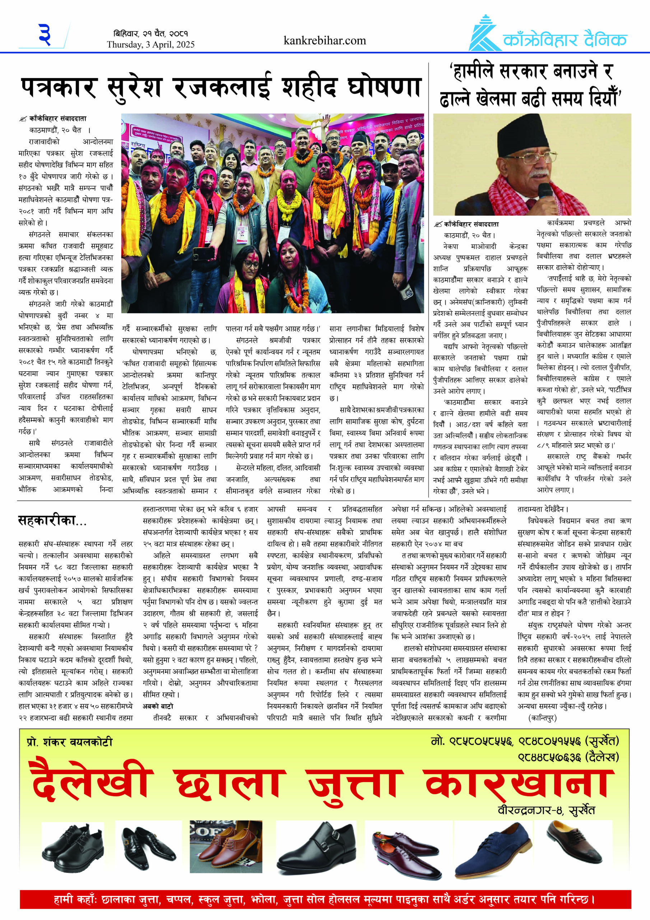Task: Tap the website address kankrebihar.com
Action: pyautogui.click(x=324, y=41)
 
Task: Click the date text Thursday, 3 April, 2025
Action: pyautogui.click(x=150, y=45)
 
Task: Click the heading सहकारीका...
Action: pyautogui.click(x=52, y=520)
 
